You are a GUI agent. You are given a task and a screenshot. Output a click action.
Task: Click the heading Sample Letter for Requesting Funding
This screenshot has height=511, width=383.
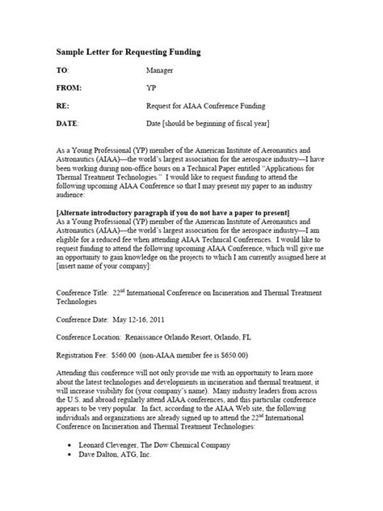pyautogui.click(x=117, y=52)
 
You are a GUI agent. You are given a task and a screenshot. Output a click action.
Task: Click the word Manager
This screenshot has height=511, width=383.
pyautogui.click(x=160, y=71)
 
